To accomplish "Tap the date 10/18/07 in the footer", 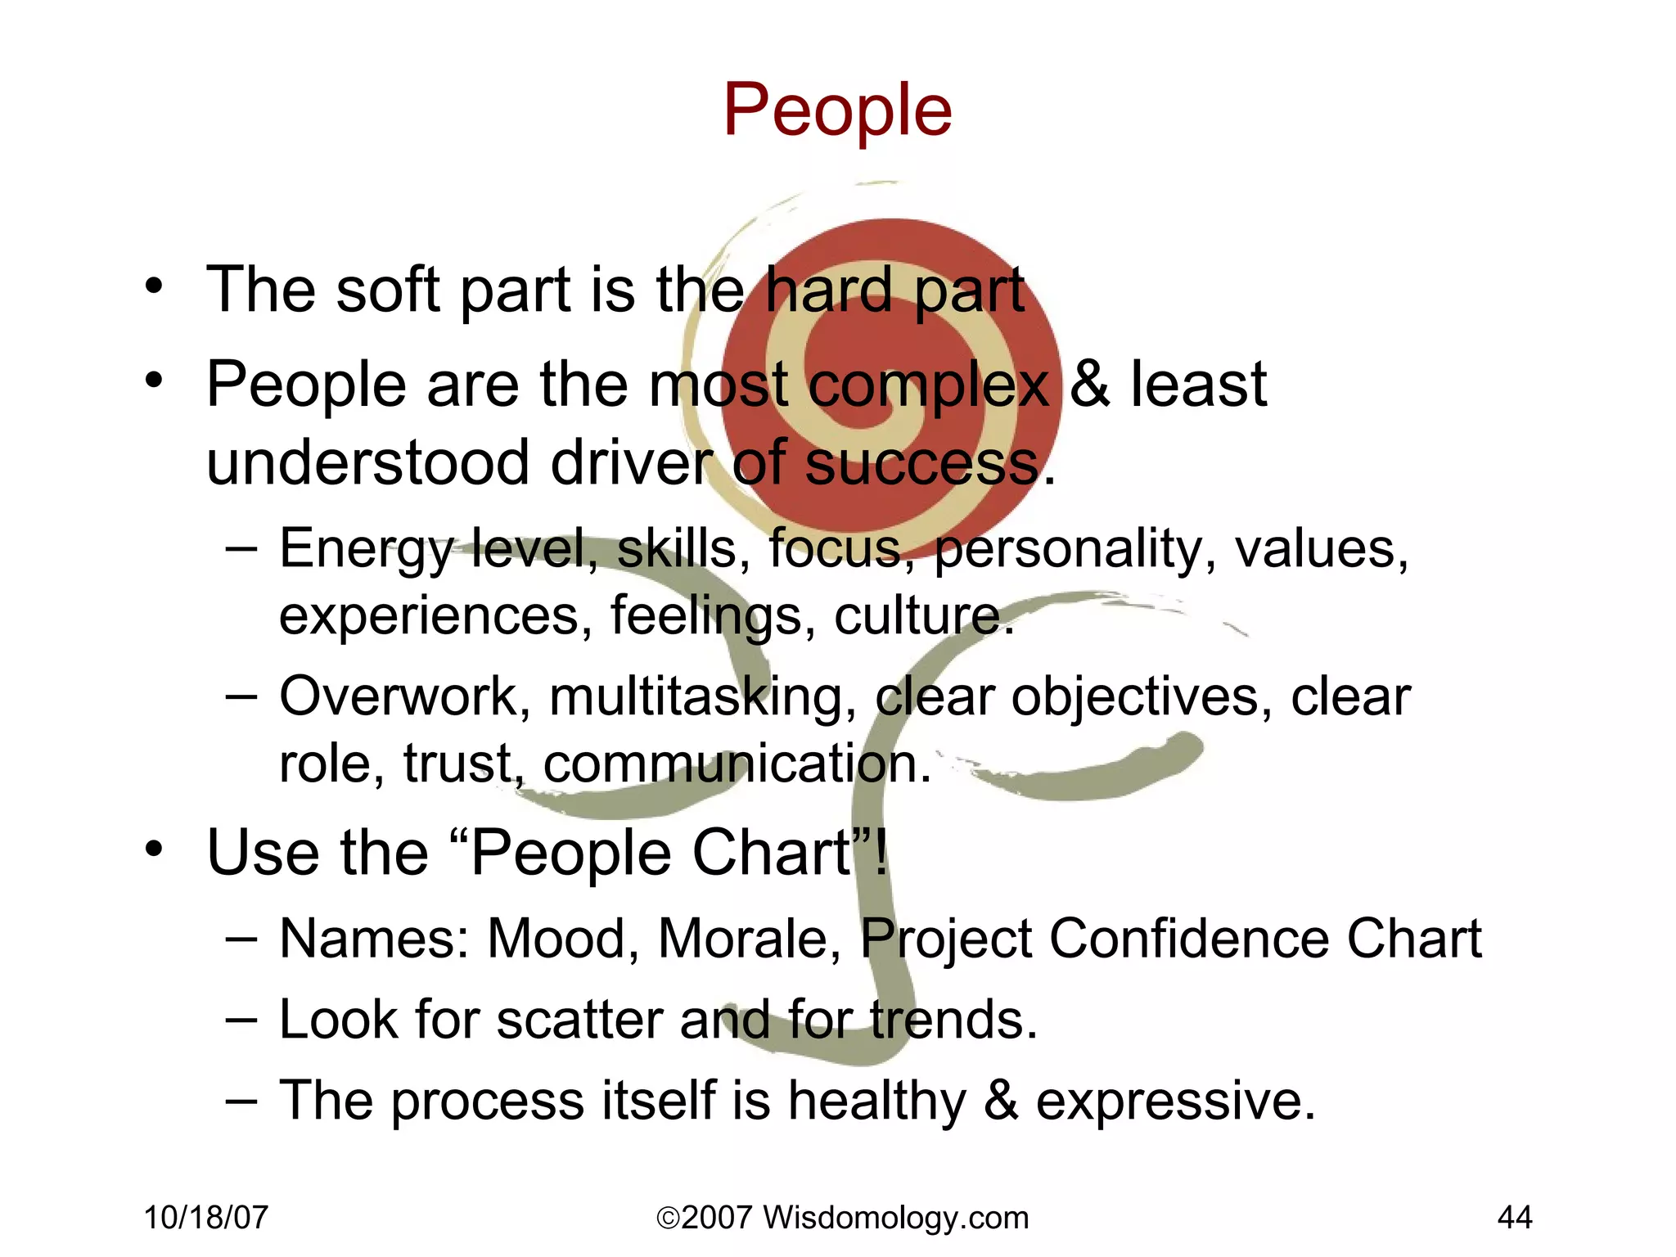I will coord(205,1218).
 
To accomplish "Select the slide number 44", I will coord(1514,1218).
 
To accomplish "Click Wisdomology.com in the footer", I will coord(895,1218).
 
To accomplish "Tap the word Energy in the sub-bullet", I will coord(366,550).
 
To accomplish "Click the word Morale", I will coord(749,938).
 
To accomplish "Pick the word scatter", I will coord(580,1020).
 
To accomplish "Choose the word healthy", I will coord(877,1102).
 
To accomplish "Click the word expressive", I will coord(1175,1102).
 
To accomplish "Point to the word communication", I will coord(737,764).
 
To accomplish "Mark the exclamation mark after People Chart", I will coord(881,852).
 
